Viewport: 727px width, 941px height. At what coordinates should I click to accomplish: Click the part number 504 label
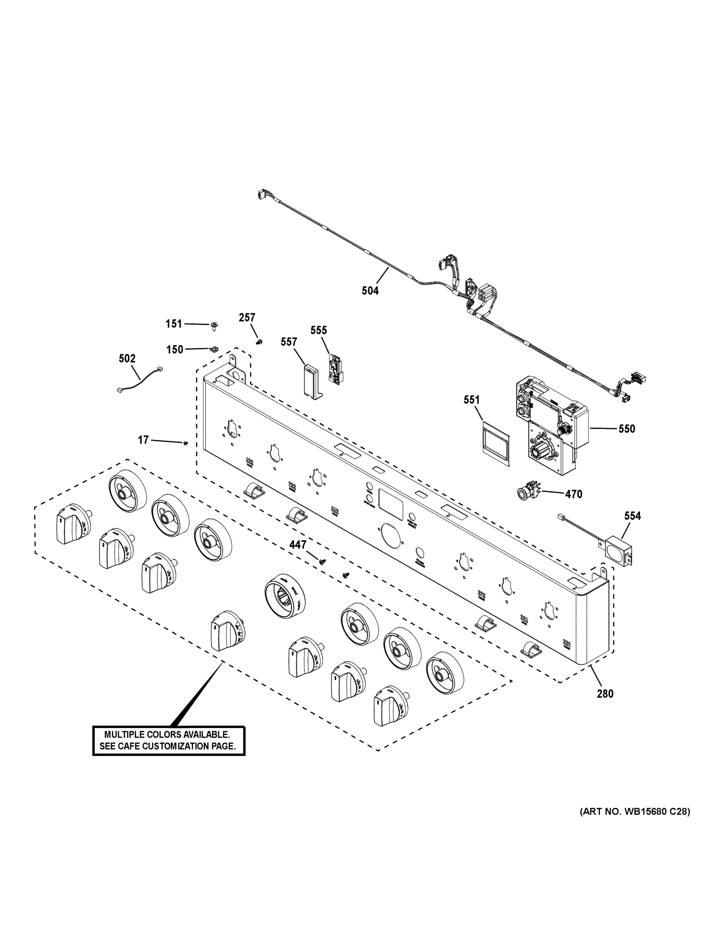coord(370,291)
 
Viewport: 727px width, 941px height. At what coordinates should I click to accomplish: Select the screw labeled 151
coord(214,326)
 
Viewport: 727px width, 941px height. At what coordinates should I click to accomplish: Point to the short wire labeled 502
coord(139,379)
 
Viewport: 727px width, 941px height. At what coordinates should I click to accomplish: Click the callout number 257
coord(247,318)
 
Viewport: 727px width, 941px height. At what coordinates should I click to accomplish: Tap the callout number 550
coord(627,429)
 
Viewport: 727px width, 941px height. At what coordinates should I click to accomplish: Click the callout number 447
coord(297,545)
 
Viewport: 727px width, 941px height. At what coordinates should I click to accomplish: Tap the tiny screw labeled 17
coord(186,443)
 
